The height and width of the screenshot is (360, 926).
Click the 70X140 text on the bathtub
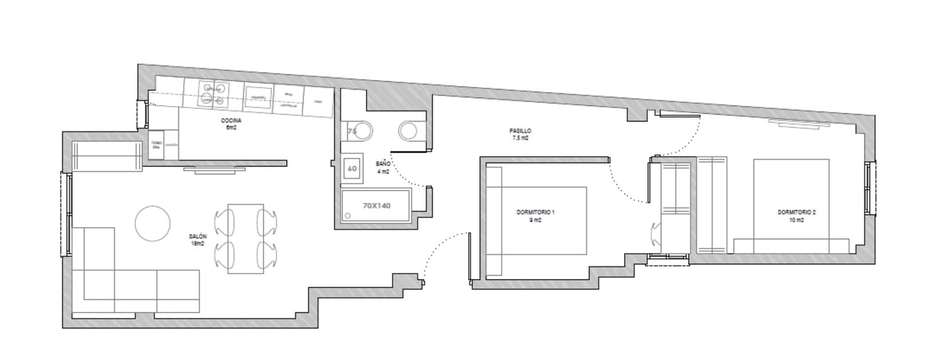point(376,205)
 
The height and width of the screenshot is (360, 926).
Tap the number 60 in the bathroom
point(352,168)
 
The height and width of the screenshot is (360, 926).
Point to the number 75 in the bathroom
point(352,131)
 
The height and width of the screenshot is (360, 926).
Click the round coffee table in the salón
point(153,223)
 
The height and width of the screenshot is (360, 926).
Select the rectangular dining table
point(245,238)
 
